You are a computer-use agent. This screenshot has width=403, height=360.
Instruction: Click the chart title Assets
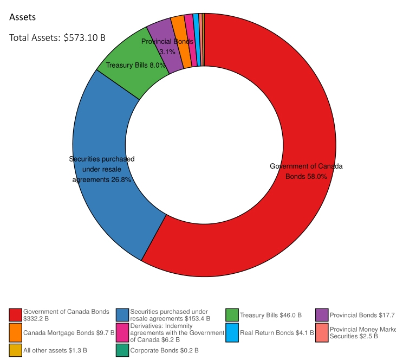[23, 17]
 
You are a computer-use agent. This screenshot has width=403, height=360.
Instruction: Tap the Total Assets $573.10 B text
[57, 38]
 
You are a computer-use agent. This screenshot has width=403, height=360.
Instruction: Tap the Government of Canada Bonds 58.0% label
[306, 171]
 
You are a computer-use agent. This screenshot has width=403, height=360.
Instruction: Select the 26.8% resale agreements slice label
[102, 169]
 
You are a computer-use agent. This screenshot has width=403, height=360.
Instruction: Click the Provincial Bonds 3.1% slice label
[167, 47]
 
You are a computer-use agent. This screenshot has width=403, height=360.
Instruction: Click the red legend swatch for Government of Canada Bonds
[16, 315]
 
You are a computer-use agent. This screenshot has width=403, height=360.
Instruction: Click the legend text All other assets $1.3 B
[55, 350]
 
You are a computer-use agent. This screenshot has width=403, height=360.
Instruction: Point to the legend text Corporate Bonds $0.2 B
[164, 350]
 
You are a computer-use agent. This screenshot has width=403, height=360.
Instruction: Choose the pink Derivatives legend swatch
[123, 332]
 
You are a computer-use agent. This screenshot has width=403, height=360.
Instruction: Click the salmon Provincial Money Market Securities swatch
[322, 332]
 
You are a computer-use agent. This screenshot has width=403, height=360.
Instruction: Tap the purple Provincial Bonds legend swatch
[322, 315]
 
